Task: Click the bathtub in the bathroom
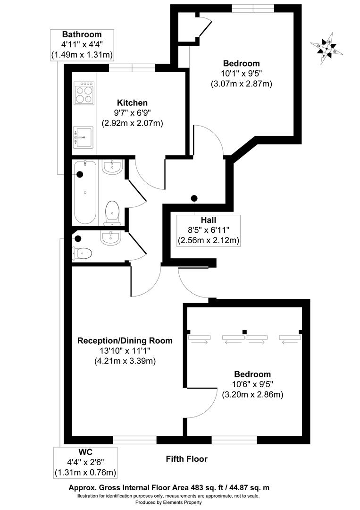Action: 85,193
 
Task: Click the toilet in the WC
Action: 84,254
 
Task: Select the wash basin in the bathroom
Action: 112,167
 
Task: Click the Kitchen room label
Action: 133,103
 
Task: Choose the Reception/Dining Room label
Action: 125,340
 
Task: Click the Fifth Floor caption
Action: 186,459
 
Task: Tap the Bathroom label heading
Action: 82,34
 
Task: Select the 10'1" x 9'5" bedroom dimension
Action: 242,73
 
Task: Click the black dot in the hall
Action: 194,198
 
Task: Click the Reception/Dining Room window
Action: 134,439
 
